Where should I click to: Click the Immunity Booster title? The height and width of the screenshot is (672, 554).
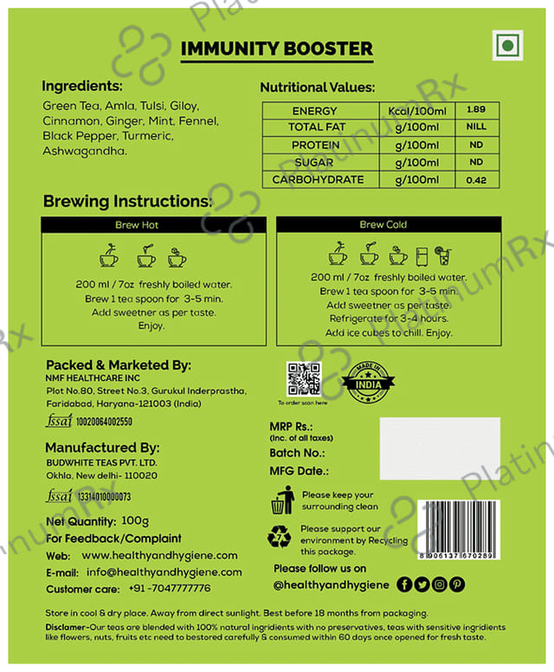[x=276, y=48]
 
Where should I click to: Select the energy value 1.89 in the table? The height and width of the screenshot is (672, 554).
[x=475, y=111]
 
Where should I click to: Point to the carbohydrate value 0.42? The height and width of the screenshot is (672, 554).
[x=475, y=180]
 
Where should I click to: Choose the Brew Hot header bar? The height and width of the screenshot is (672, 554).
[x=154, y=224]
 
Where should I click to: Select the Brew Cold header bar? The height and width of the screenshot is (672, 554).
[x=383, y=224]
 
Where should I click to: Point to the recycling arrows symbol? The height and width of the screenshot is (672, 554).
[x=282, y=538]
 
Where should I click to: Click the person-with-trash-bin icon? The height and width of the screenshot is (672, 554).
[x=282, y=500]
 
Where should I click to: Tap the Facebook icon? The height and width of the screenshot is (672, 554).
[x=404, y=585]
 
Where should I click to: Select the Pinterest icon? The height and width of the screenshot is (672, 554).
[x=457, y=585]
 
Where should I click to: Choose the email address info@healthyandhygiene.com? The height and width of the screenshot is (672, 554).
[x=164, y=572]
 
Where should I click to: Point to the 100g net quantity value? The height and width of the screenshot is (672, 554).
[x=135, y=521]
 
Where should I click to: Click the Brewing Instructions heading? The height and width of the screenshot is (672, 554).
[x=127, y=202]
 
